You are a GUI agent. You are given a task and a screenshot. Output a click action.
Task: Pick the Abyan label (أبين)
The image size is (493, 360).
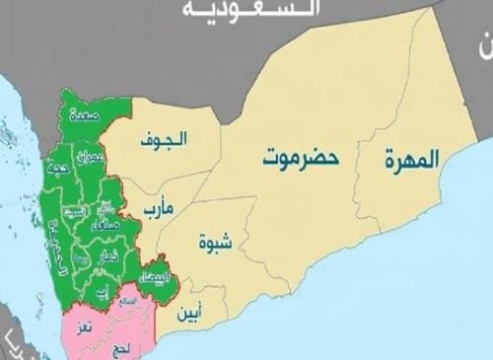[193, 316]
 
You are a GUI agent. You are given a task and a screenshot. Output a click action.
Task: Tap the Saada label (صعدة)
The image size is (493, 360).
[84, 115]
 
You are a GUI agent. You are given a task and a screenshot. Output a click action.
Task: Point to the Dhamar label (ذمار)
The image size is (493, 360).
[108, 254]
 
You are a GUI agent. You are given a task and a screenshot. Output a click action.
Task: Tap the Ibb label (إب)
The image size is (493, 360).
[102, 289]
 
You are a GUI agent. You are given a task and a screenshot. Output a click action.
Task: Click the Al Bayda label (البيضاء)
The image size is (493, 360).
[155, 278]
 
